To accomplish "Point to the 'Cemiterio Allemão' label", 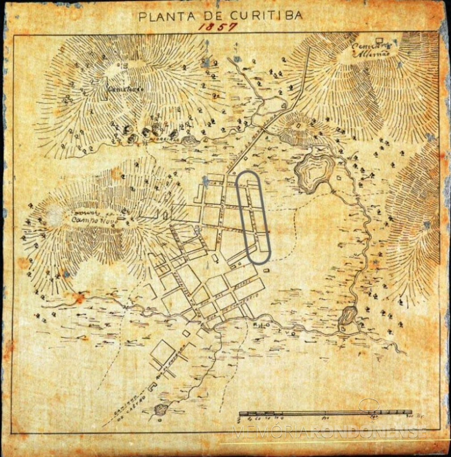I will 371,49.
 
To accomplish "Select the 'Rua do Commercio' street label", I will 239,305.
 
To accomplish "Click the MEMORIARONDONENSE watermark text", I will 329,432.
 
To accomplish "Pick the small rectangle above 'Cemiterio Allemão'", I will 380,40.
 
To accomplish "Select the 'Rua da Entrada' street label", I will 173,360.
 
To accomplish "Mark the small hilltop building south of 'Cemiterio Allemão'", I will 300,124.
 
